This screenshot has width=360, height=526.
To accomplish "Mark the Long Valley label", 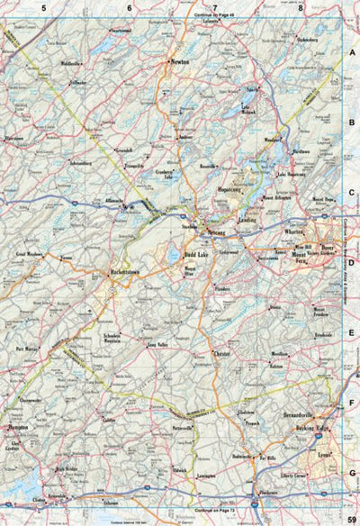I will tap(157, 344).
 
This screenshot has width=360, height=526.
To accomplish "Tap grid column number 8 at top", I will tap(300, 8).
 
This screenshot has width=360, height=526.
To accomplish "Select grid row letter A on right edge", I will tap(353, 54).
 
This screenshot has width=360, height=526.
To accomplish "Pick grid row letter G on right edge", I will tap(353, 472).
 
